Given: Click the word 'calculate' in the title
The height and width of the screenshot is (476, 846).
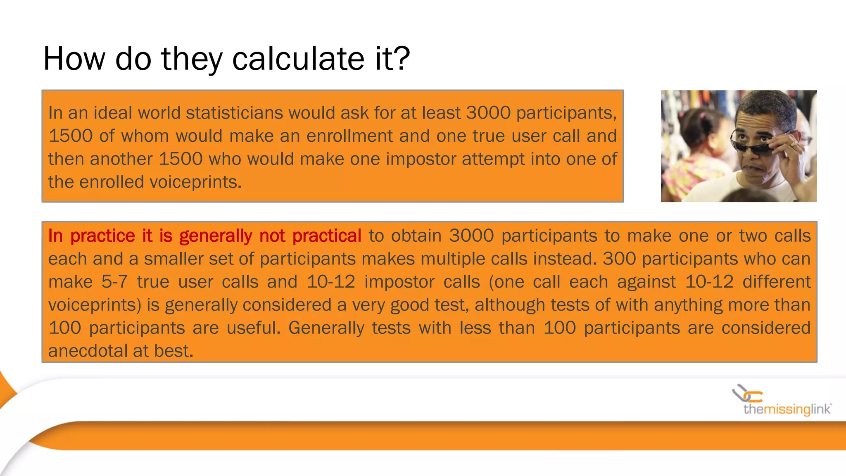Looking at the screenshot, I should point(298,59).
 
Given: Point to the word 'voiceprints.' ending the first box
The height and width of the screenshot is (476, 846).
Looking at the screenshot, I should point(160,182).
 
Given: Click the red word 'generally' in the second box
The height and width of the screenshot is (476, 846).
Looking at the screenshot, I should point(215,236).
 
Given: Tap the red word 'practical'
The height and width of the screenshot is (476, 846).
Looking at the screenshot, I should point(327,236).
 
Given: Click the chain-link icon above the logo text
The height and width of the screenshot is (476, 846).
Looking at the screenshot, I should point(747,393).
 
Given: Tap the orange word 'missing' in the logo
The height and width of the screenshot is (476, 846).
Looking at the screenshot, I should point(787,409).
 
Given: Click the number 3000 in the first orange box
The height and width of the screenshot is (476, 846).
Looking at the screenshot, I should point(488,113).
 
